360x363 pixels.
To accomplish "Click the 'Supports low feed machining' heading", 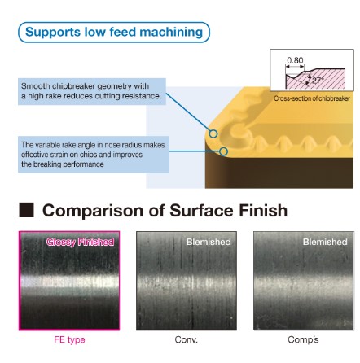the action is [114, 32].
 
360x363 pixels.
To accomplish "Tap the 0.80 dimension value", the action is [295, 60].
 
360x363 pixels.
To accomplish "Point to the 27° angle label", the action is [318, 81].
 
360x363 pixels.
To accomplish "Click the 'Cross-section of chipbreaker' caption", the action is [312, 98].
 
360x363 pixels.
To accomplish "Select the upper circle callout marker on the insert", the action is [213, 133].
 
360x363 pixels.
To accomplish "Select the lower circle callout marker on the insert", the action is [223, 151].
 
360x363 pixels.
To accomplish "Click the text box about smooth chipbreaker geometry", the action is [92, 91].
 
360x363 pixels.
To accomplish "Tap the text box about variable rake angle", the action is [94, 155].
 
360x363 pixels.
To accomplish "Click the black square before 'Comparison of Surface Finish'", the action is [26, 210].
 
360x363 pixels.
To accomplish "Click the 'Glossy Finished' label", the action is [80, 242].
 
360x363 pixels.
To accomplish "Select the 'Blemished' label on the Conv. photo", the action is [209, 242].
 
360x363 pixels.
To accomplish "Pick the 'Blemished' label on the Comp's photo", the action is [325, 242].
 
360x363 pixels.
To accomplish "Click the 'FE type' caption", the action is [69, 339].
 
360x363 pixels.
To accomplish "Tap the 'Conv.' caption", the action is [187, 339].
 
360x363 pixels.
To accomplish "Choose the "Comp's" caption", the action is [303, 339].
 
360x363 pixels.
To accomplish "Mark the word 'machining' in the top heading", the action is [171, 33].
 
